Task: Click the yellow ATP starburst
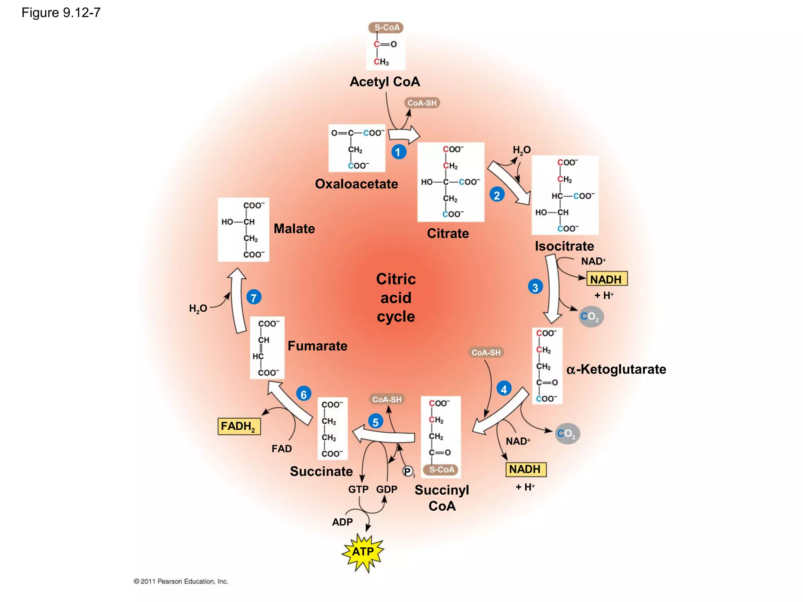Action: point(363,552)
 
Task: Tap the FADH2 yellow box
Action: point(239,426)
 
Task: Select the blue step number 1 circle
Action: point(398,152)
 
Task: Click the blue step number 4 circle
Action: point(504,389)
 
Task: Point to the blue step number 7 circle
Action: point(254,297)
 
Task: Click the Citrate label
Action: point(448,233)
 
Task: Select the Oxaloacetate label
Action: point(356,184)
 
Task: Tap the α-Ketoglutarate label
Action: point(616,369)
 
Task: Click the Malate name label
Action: point(294,228)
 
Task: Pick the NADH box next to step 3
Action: point(607,279)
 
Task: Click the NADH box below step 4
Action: point(525,469)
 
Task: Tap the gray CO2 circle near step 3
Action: point(591,316)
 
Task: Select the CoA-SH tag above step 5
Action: point(387,399)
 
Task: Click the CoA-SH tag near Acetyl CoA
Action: point(422,103)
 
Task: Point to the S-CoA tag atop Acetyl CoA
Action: point(386,27)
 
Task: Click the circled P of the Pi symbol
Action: point(408,471)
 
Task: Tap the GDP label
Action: point(387,489)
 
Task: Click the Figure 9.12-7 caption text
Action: point(61,13)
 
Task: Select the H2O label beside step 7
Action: point(198,309)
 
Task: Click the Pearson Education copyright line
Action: point(181,581)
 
